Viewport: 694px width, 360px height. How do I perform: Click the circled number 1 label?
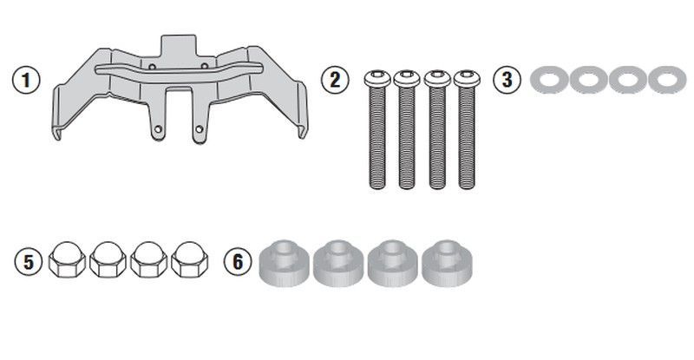click(26, 80)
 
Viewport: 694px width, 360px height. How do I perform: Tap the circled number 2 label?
click(335, 80)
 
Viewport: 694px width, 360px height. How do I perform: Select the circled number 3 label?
click(507, 80)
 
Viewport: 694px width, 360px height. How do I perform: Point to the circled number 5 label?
click(29, 261)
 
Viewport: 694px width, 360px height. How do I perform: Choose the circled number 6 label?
click(238, 261)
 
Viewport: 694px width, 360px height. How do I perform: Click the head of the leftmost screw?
click(377, 78)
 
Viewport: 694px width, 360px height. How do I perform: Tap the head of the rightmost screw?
click(467, 78)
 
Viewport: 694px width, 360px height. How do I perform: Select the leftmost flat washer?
click(548, 80)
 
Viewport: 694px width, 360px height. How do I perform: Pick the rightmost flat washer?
click(667, 80)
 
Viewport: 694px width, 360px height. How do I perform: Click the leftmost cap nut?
click(67, 259)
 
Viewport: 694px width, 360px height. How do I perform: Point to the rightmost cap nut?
click(189, 259)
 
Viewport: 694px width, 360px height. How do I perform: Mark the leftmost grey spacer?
click(285, 263)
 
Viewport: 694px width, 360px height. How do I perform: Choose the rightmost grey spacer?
click(447, 263)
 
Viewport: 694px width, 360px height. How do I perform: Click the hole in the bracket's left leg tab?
click(158, 129)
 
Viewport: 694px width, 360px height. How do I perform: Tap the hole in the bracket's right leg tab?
click(200, 129)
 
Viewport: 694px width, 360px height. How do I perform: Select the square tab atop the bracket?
click(178, 46)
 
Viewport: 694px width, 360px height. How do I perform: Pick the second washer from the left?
click(588, 80)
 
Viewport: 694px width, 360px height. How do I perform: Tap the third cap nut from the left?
click(148, 259)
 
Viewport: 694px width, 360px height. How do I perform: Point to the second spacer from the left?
click(338, 263)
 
